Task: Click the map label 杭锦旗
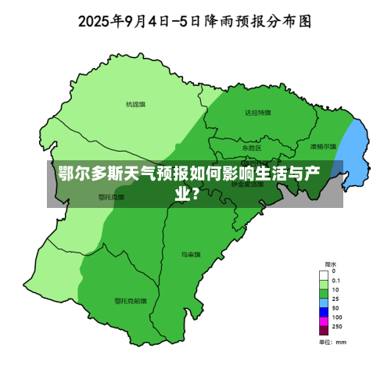(x=136, y=104)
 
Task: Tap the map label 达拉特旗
(x=258, y=113)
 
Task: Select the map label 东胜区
(x=251, y=148)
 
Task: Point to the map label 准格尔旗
(x=322, y=146)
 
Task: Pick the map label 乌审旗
(x=191, y=254)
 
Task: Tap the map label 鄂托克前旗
(x=129, y=300)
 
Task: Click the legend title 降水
(x=331, y=263)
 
